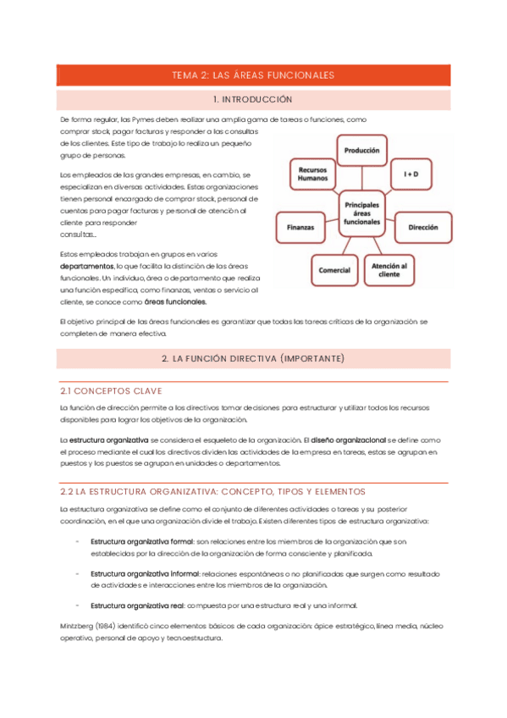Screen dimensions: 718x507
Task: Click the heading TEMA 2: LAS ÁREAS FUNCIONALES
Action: coord(253,75)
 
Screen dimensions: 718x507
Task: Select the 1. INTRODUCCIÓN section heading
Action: coord(253,100)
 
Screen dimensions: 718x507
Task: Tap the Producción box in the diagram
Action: coord(361,150)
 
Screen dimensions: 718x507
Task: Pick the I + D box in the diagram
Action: coord(411,174)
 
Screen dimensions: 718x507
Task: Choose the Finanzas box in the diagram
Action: coord(300,228)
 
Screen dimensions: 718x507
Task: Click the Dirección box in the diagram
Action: coord(422,228)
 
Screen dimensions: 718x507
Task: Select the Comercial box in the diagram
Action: coord(334,269)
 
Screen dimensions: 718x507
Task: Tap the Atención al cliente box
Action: coord(390,269)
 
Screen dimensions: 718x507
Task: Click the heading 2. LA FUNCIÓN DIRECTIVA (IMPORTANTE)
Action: coord(253,359)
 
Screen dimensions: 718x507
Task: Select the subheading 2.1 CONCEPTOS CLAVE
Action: coord(111,390)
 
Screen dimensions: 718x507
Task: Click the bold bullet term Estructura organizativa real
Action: coord(136,605)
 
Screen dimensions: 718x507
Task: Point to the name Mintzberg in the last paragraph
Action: coord(76,626)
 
